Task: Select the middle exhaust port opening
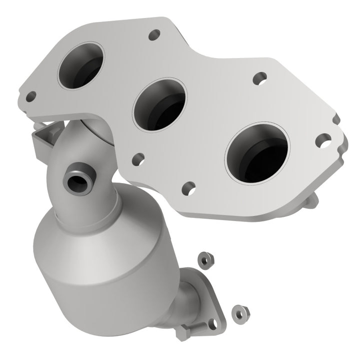(x=159, y=105)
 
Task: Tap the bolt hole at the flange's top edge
(x=154, y=34)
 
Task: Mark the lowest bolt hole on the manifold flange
(x=188, y=188)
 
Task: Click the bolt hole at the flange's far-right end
(x=323, y=139)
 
